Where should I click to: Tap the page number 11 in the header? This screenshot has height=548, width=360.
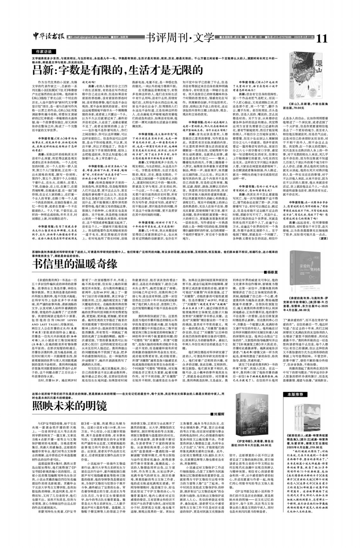coord(322,38)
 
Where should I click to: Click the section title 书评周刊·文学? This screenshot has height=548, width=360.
coord(180,38)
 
